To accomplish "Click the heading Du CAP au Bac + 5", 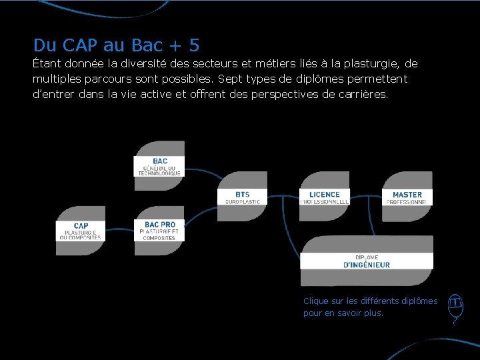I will [x=116, y=45].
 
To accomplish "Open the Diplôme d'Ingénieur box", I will [x=367, y=261].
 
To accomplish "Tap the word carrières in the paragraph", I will [x=363, y=95].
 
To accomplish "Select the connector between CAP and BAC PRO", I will [x=120, y=231].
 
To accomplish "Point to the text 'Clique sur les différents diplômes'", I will [x=370, y=301].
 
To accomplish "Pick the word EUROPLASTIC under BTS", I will [x=243, y=201].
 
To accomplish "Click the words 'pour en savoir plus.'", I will [x=343, y=313].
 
